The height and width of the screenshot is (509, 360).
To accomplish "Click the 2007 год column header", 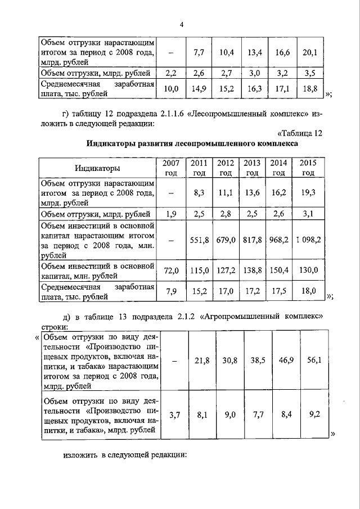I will (x=171, y=168).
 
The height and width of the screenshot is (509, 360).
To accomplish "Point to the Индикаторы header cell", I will (x=97, y=168).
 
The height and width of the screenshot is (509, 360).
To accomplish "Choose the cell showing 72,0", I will (x=171, y=271).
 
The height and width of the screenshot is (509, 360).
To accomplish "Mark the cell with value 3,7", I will (x=171, y=416).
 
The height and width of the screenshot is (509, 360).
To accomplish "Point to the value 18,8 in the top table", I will (x=310, y=88).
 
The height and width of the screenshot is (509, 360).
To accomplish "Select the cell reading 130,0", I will (x=309, y=271).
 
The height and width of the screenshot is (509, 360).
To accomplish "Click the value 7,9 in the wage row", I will (x=171, y=291).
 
